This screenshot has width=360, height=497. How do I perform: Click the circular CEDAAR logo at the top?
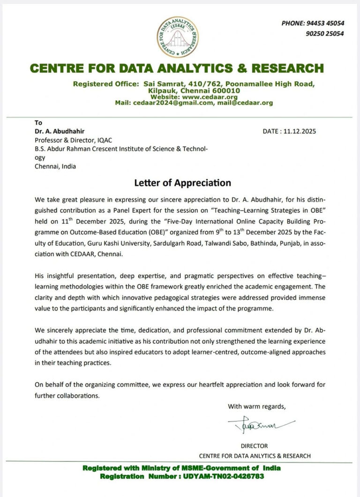(177, 37)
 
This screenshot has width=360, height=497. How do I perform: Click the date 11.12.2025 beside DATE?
(300, 131)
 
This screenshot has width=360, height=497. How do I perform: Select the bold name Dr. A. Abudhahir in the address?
(60, 131)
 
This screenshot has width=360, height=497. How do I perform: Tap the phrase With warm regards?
(256, 406)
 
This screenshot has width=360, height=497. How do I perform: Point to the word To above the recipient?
(38, 123)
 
